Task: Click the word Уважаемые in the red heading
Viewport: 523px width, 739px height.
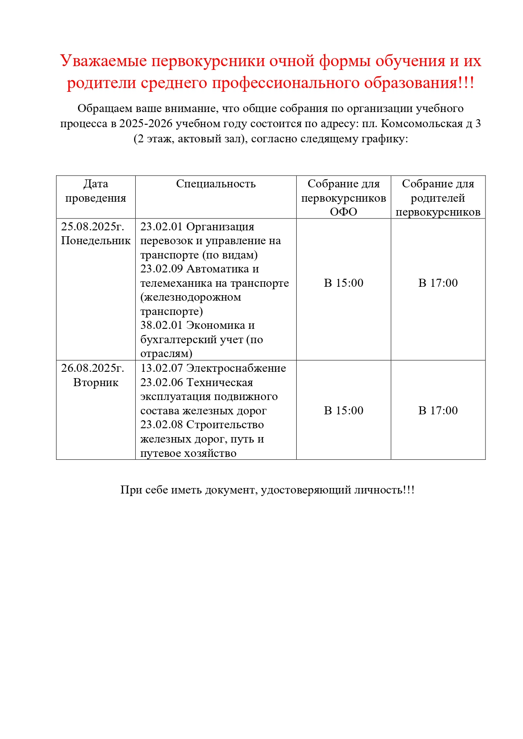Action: [103, 61]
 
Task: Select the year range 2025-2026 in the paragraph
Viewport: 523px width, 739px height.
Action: [146, 124]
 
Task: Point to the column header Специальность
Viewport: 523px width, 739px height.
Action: [216, 184]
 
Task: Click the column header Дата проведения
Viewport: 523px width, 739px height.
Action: [96, 191]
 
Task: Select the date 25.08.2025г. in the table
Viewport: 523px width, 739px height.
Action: [93, 227]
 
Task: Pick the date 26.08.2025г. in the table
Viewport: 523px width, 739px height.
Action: [93, 368]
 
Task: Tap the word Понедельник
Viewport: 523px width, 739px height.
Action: [96, 240]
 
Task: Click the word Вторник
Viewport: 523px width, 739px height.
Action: [96, 382]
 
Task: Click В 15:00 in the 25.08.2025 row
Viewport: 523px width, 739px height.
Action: [343, 283]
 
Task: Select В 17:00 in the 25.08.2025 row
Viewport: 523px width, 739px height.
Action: [438, 283]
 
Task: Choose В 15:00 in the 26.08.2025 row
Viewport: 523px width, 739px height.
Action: [343, 411]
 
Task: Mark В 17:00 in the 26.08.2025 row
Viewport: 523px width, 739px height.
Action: [438, 411]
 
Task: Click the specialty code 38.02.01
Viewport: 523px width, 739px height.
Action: [161, 325]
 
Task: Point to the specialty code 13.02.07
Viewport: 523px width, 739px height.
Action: [161, 368]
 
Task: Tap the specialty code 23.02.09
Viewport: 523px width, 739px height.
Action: [161, 269]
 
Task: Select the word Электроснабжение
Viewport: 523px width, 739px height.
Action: [236, 368]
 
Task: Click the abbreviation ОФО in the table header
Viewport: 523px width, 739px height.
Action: [343, 212]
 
